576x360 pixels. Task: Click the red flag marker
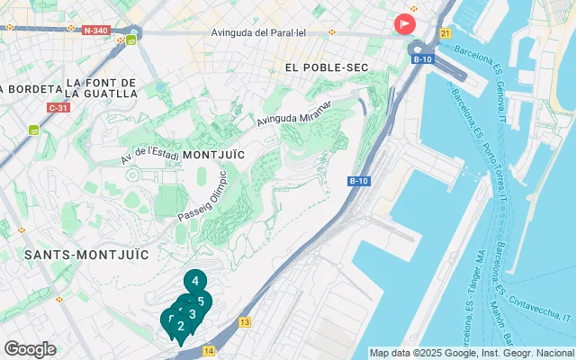pyautogui.click(x=405, y=23)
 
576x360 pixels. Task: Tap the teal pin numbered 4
pyautogui.click(x=195, y=282)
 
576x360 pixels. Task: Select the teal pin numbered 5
pyautogui.click(x=202, y=301)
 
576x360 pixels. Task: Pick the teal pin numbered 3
pyautogui.click(x=192, y=315)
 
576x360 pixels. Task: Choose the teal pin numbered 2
pyautogui.click(x=180, y=326)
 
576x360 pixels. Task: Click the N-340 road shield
pyautogui.click(x=95, y=30)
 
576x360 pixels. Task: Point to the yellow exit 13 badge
pyautogui.click(x=245, y=321)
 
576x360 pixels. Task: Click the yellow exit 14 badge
pyautogui.click(x=209, y=351)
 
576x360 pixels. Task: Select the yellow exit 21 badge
pyautogui.click(x=445, y=33)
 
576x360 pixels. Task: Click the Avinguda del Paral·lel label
pyautogui.click(x=260, y=33)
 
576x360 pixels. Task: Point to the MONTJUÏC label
pyautogui.click(x=213, y=155)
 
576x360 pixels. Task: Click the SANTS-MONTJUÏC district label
pyautogui.click(x=86, y=255)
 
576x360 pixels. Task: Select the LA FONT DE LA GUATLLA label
pyautogui.click(x=101, y=87)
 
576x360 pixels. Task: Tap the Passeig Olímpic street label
pyautogui.click(x=203, y=197)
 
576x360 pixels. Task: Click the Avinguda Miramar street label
pyautogui.click(x=294, y=113)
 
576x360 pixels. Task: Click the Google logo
pyautogui.click(x=30, y=349)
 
